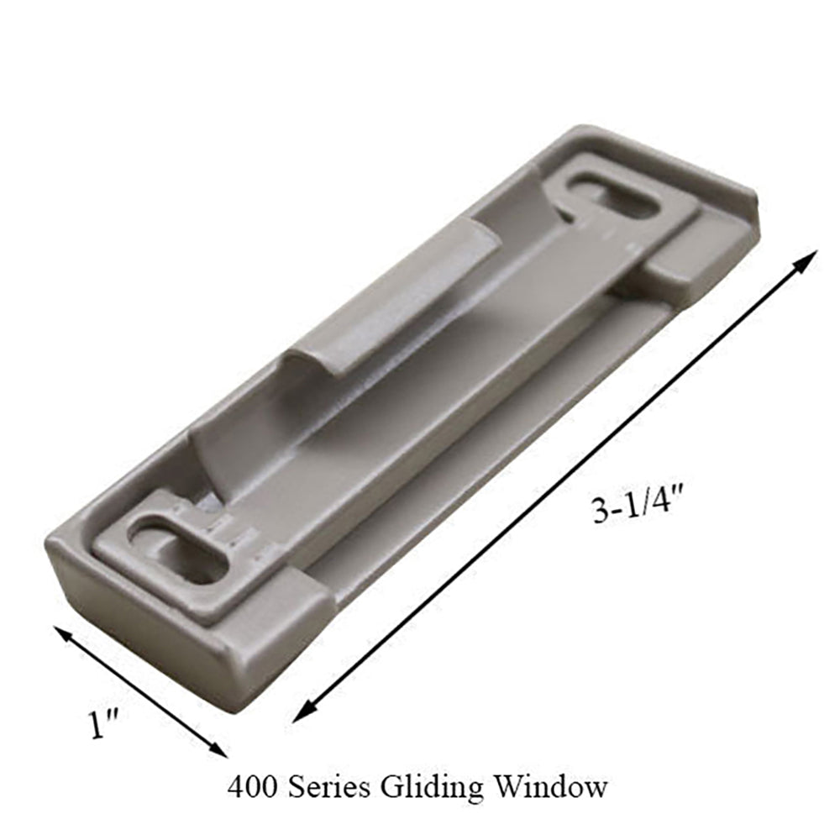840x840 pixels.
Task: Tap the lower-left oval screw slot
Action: (x=178, y=550)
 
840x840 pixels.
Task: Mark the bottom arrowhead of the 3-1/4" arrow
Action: (x=301, y=714)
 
